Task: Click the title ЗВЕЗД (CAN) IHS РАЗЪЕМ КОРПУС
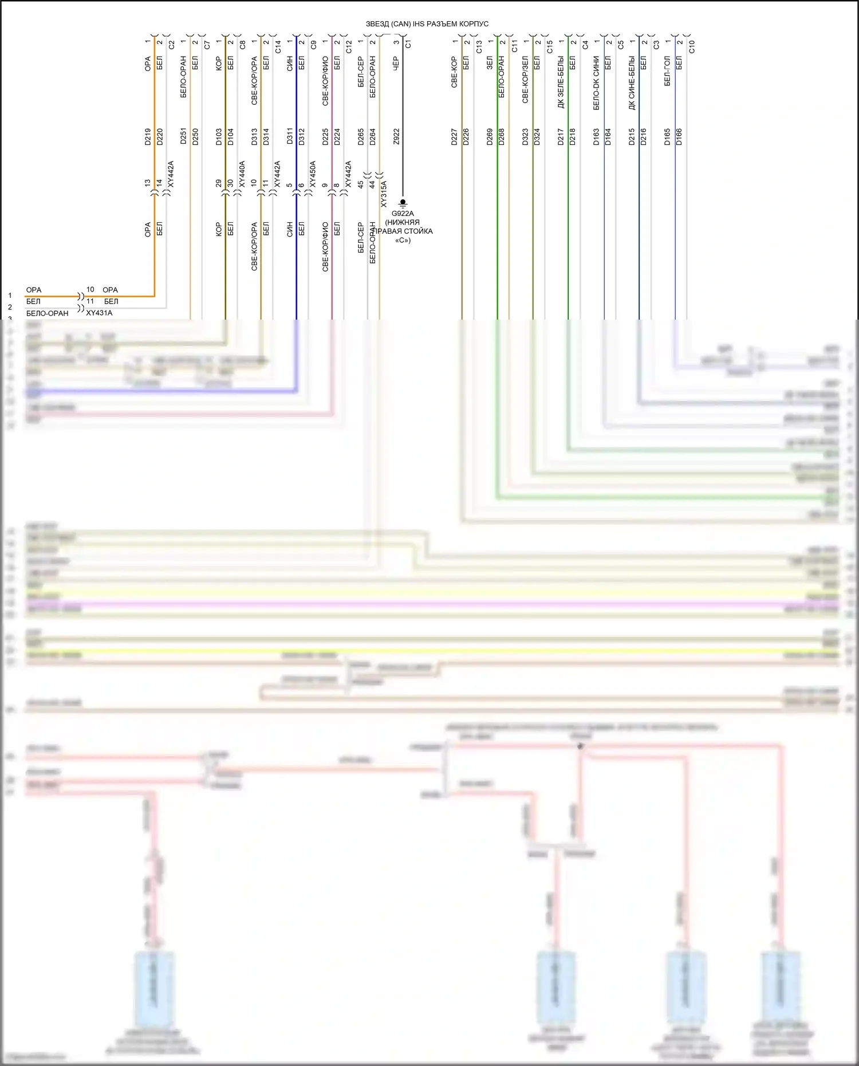427,24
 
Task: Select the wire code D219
148,136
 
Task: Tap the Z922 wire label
396,136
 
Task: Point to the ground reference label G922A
403,214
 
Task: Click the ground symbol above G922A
403,203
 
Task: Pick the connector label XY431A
99,313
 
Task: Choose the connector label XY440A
242,174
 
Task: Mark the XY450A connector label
313,174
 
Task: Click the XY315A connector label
384,194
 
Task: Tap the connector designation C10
692,46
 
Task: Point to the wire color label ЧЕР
396,63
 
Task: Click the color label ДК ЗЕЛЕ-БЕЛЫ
561,82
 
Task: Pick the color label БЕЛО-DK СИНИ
597,83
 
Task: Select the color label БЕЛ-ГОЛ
668,71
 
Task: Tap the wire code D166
679,136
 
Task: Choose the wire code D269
490,136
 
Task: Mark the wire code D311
290,136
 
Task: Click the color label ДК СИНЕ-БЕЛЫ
632,83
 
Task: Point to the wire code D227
454,136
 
